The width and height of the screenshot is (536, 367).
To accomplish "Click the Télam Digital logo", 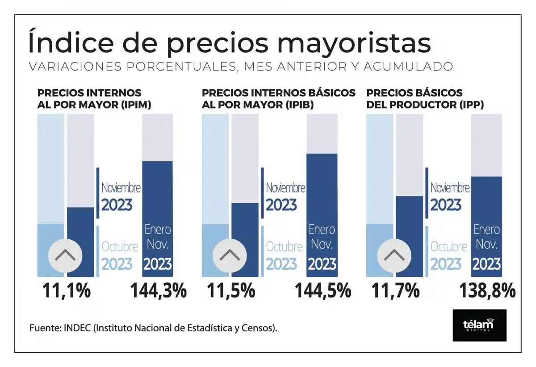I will (479, 325).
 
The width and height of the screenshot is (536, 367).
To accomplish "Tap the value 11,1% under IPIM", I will (67, 291).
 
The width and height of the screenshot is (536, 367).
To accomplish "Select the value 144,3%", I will (158, 291).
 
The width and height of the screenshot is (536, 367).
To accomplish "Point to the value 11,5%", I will (231, 291).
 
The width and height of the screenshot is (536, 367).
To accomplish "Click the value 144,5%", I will (322, 291).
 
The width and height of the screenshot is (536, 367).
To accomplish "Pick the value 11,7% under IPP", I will (396, 291).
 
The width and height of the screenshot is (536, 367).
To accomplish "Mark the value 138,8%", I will (487, 291).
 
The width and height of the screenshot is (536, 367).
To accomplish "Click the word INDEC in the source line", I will (78, 328).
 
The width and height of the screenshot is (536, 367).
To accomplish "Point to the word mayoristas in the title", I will (354, 43).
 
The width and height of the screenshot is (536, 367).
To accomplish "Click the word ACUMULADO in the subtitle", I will (408, 67).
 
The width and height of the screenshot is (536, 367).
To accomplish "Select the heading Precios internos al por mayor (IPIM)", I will (94, 99).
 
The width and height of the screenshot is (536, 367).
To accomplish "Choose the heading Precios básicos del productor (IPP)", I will (425, 99).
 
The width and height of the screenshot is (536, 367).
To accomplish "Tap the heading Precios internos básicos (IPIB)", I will (279, 99).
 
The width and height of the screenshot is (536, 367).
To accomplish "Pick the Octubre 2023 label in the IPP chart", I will (448, 255).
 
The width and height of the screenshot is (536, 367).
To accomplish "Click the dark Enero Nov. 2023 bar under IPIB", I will (322, 214).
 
